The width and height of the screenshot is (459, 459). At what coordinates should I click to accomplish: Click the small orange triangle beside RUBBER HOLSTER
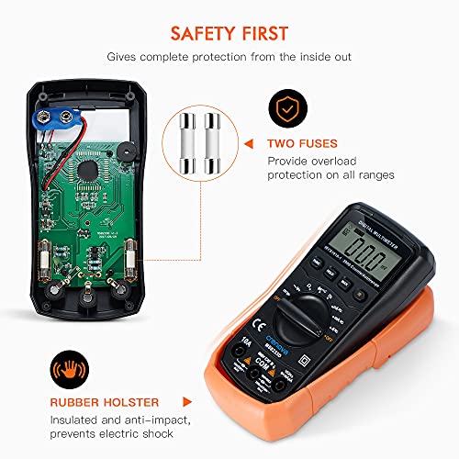coord(188,400)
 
